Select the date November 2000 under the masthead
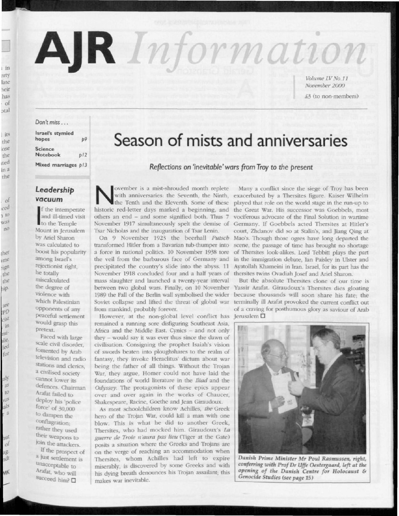tap(320, 85)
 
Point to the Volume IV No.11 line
tap(320, 78)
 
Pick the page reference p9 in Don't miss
tap(84, 139)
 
